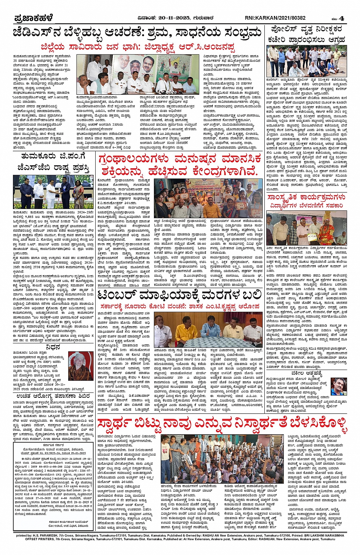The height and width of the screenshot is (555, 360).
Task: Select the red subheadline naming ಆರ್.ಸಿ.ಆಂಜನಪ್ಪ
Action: [138, 47]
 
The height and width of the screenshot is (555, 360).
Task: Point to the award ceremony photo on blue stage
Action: [53, 192]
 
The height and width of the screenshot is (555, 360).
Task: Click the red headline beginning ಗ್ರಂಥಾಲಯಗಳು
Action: [180, 165]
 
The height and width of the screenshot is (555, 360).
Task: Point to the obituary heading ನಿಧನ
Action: [53, 347]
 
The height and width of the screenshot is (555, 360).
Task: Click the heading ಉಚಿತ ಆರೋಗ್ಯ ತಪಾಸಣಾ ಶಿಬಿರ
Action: [53, 396]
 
